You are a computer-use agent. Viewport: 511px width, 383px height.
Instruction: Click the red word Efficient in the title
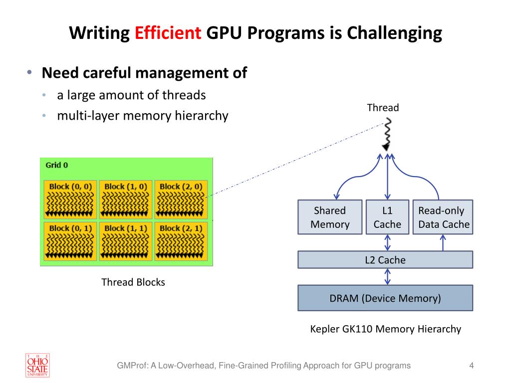[168, 32]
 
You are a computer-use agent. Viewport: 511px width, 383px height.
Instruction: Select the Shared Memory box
[330, 217]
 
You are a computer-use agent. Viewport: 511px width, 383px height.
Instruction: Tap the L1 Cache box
[387, 217]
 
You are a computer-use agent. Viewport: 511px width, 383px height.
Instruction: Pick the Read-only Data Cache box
[443, 217]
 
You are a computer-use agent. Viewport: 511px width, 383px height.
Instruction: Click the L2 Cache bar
[385, 259]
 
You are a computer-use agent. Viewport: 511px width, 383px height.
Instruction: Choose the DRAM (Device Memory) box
[385, 298]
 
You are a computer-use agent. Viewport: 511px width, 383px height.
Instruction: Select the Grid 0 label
[57, 165]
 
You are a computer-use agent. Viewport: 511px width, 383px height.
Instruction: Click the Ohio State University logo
[37, 366]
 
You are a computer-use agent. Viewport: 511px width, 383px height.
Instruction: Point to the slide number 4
[471, 366]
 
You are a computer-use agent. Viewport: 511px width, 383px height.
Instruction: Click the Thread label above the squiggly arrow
[383, 108]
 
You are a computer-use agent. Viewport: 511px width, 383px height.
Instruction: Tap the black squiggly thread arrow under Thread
[387, 134]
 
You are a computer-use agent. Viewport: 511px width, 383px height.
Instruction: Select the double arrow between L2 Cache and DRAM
[387, 277]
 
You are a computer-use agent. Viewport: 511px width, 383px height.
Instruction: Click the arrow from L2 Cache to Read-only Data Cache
[443, 243]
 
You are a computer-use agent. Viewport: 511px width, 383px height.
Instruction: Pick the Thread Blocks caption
[133, 282]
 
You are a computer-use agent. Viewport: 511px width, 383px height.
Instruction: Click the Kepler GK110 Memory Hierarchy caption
[386, 329]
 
